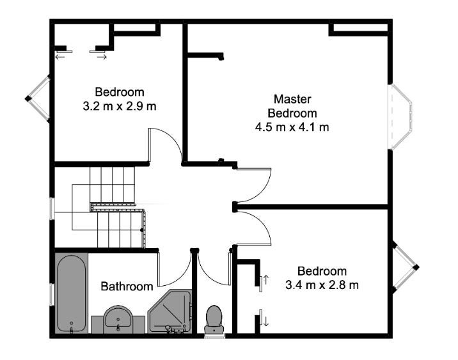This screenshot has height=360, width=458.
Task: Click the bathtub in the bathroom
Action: point(72,294)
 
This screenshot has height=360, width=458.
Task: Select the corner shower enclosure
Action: point(170,311)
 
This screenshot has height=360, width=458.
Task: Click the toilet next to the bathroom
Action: point(214,320)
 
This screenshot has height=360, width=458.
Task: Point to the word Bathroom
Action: point(127,286)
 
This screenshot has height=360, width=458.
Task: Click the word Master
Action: point(292,99)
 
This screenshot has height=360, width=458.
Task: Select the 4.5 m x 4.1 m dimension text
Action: point(292,127)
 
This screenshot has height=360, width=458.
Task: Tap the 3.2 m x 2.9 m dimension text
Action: point(120,106)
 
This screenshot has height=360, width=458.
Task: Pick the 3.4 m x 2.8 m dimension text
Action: point(322,285)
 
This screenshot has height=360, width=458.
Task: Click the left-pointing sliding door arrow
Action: point(60,57)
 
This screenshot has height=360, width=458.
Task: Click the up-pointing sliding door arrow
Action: point(266,279)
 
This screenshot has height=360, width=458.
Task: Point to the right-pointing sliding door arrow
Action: point(102,57)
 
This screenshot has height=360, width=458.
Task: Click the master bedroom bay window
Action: point(400,117)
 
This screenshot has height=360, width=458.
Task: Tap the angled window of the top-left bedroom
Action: point(38,98)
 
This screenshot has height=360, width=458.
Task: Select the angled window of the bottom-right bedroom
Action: point(406,267)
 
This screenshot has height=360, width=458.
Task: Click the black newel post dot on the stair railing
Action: point(141,230)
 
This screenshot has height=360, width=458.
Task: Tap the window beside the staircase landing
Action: point(52,208)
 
